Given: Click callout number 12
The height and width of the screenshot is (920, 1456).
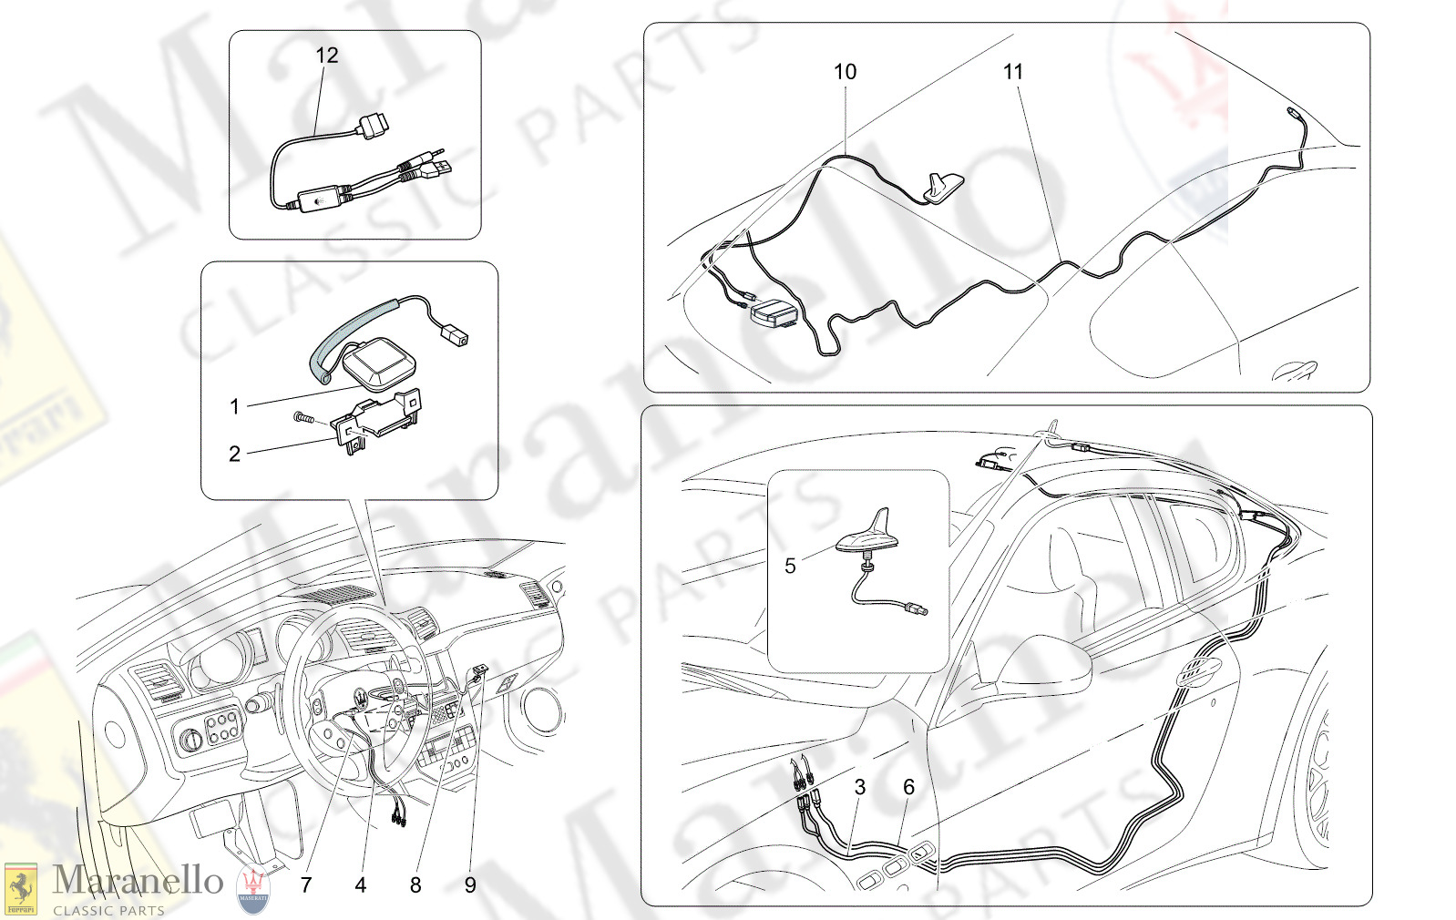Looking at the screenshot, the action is [327, 56].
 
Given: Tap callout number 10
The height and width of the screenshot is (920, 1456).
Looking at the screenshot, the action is [845, 71].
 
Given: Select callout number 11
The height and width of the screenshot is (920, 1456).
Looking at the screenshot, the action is [1013, 71].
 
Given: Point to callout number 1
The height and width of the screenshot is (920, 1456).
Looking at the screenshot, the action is [235, 407].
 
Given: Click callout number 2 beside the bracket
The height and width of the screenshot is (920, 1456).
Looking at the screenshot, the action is [235, 454].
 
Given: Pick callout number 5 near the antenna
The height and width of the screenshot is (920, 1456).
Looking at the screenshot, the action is [790, 566].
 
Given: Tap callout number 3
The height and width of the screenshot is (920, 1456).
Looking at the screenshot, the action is [860, 787].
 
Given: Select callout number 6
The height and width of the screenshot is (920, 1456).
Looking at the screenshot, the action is [908, 787].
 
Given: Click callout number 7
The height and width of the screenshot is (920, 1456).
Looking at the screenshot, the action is [306, 884].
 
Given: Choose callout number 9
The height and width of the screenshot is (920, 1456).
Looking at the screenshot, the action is [470, 884].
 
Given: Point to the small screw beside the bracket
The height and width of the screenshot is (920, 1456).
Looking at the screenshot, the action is [302, 417].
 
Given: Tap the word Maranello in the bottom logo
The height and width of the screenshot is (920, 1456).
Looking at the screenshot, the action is [138, 882].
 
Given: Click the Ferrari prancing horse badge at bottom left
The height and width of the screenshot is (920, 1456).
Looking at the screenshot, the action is [21, 889].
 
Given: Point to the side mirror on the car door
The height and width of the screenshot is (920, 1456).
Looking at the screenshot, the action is [1044, 664].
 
